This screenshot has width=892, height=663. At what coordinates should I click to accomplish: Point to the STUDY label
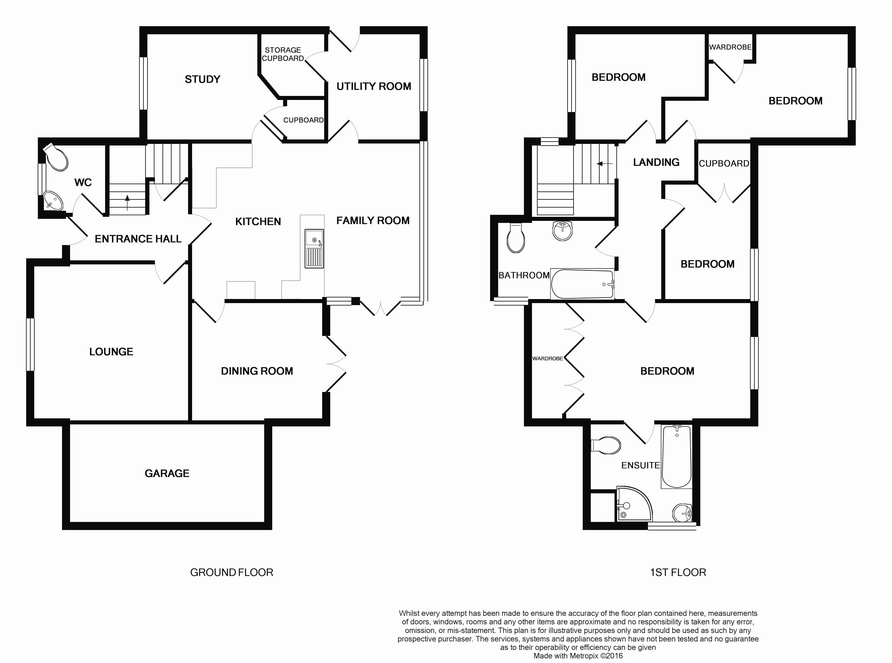pos(202,79)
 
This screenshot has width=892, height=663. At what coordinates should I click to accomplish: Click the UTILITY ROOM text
pos(374,86)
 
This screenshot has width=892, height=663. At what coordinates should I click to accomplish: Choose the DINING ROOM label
pos(257,371)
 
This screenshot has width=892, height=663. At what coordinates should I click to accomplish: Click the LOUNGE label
pos(111,352)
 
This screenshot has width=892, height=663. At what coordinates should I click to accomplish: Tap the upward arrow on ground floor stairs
pos(127,203)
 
